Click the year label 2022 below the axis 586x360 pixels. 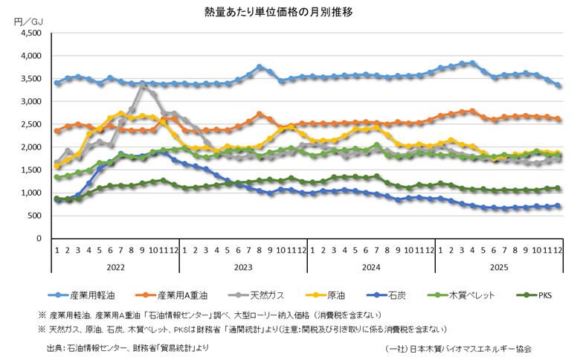[115, 266]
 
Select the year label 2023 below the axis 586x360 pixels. [243, 266]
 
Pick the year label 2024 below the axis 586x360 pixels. [370, 266]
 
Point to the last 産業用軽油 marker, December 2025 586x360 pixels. [558, 86]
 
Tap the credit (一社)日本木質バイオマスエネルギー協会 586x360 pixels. [458, 347]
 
